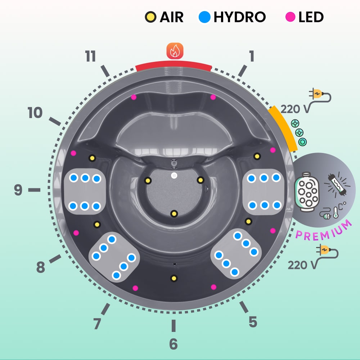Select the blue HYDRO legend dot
pos(204,17)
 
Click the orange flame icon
pos(175,51)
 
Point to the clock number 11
pos(90,57)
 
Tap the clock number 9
pos(18,190)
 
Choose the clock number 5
pos(253,322)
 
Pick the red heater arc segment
pos(174,65)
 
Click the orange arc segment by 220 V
pos(283,128)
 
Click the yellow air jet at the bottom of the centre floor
pos(174,214)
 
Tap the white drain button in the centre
pos(174,176)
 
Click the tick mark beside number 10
pos(55,121)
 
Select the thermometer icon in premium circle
pos(335,213)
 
